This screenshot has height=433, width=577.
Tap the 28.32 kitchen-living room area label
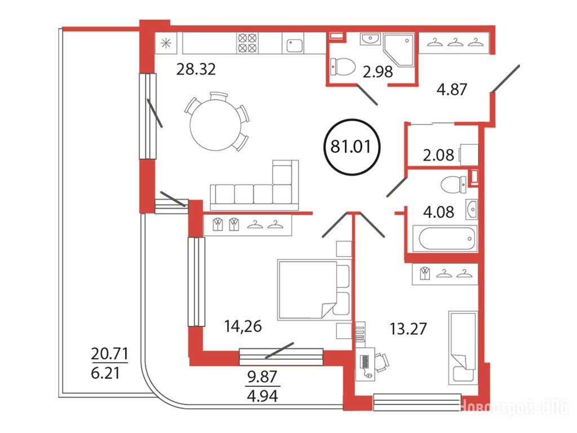196,69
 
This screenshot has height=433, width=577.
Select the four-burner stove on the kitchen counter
247,43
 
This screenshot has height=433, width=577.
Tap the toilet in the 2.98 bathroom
342,67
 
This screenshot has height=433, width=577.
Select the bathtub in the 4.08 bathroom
445,238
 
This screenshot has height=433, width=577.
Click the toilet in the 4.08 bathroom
454,184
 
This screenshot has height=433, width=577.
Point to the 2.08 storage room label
438,155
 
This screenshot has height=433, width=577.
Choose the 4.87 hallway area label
451,89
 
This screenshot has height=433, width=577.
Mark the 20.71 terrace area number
109,354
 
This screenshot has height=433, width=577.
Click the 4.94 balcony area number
263,396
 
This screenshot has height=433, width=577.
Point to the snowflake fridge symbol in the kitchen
166,43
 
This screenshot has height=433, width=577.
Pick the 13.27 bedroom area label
408,329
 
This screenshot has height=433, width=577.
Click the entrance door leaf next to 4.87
505,78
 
